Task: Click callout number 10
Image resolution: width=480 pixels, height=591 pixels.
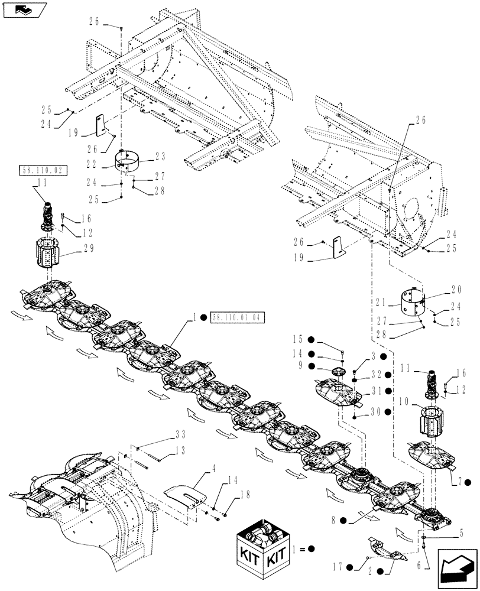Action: (x=403, y=402)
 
